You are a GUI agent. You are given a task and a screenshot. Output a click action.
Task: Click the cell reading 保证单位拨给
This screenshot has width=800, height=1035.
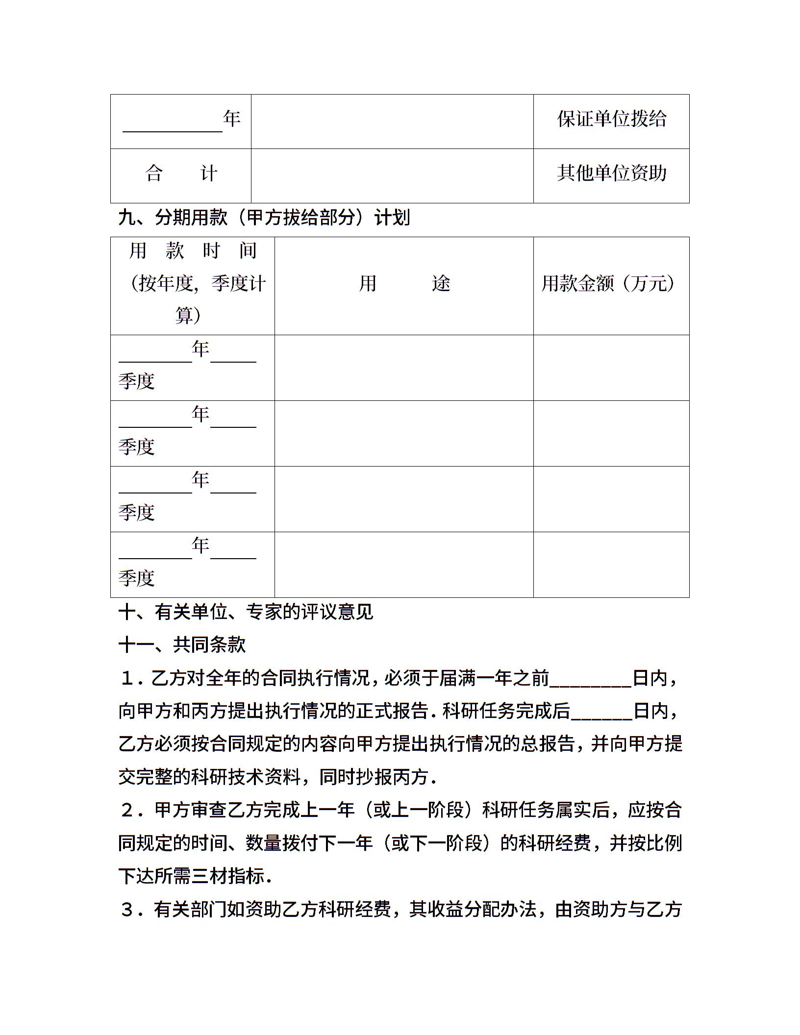click(611, 119)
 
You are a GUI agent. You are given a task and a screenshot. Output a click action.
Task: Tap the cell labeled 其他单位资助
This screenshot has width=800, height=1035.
click(611, 173)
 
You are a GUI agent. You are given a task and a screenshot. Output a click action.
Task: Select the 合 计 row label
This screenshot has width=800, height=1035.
click(181, 173)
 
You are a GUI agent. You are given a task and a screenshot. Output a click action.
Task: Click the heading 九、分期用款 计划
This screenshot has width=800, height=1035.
click(264, 218)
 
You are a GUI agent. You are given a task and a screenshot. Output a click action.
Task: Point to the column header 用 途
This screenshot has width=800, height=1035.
click(404, 284)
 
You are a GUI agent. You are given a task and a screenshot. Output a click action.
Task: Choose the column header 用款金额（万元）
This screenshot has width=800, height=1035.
click(608, 284)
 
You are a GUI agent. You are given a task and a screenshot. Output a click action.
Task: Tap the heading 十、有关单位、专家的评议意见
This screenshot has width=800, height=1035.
click(246, 612)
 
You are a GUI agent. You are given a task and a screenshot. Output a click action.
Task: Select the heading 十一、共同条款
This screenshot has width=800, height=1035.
click(182, 645)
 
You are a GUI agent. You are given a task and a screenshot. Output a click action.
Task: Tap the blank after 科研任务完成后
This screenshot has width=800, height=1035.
click(601, 713)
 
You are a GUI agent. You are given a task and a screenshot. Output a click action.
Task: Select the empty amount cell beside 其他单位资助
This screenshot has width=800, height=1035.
click(392, 176)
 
